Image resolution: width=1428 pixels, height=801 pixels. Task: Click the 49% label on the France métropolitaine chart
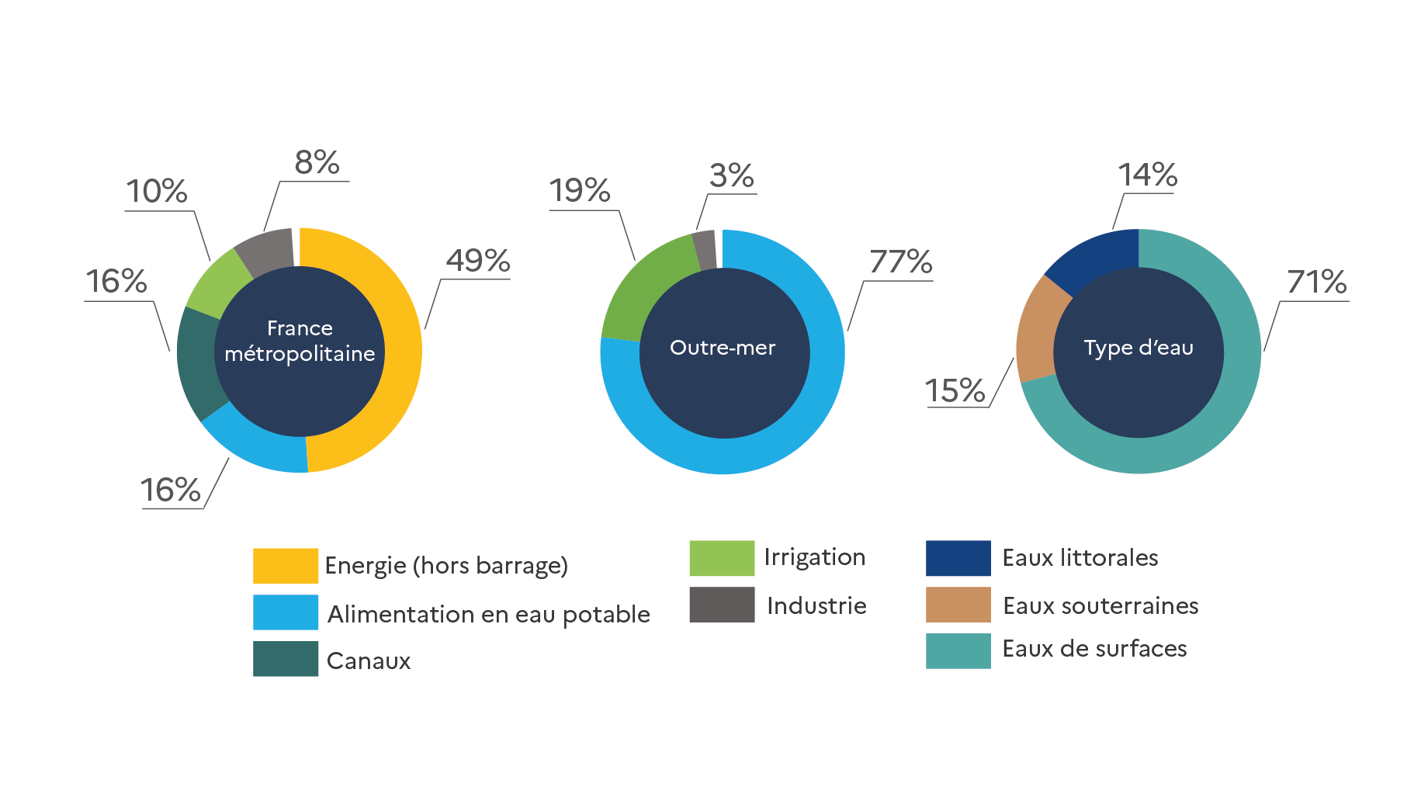477,260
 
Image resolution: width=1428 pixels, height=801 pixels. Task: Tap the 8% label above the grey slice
317,162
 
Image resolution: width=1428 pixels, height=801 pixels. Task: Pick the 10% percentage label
157,191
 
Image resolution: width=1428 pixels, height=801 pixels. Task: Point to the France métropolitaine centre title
300,341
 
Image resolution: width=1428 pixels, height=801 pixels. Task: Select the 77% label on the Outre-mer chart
900,262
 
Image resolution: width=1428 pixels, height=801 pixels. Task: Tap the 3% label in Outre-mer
731,175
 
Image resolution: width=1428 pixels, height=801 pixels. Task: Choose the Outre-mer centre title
723,348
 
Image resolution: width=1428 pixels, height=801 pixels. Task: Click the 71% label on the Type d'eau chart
1316,282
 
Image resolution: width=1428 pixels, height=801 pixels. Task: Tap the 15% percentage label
955,390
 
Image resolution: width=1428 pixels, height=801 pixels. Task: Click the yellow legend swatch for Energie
285,566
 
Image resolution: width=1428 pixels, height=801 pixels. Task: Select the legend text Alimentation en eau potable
489,614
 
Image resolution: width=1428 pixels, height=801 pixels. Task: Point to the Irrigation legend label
814,557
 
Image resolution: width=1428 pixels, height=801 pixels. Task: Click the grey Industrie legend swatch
722,605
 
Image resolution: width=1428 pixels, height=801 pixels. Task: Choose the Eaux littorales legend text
1080,557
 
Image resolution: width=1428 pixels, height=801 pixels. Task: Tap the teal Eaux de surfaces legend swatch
958,650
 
